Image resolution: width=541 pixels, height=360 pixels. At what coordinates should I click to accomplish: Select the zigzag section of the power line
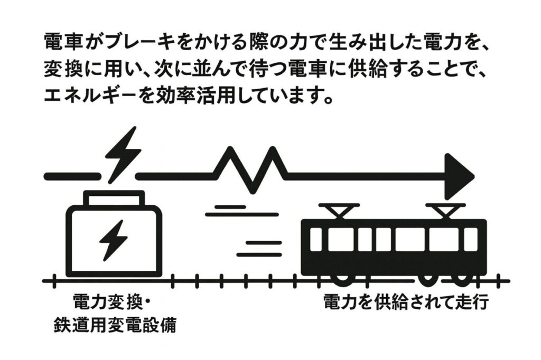tap(251, 168)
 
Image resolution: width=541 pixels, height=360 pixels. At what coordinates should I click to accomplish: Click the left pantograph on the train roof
tap(339, 211)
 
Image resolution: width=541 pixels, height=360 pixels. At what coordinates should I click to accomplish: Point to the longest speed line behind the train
tap(241, 214)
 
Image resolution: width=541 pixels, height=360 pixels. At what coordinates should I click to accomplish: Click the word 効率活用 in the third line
tap(206, 97)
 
